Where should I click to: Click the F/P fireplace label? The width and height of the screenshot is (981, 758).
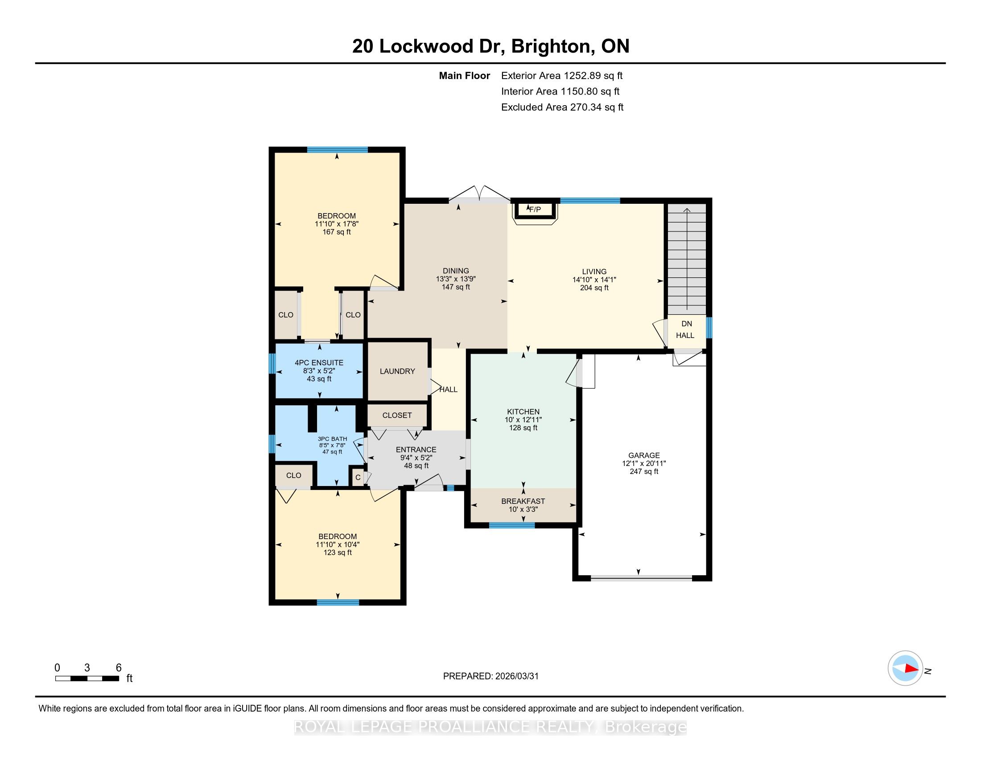point(535,209)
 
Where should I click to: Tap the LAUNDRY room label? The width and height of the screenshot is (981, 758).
point(397,371)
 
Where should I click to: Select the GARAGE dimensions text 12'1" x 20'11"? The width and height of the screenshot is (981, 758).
point(643,463)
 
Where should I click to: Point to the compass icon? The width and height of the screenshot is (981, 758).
point(905,668)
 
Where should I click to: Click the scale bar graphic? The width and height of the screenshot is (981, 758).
point(87,679)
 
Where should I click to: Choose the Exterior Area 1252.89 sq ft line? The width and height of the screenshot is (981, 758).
point(562,75)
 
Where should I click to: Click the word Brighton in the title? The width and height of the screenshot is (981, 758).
point(550,46)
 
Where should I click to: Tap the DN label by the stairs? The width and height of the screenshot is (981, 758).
point(687,323)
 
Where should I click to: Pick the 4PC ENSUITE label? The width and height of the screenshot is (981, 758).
point(319,363)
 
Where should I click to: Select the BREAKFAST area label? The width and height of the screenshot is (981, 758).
point(523,501)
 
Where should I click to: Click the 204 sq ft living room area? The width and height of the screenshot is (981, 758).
point(594,288)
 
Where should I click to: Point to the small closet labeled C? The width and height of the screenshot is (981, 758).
point(358,478)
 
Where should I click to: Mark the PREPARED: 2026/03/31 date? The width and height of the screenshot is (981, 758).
point(490,676)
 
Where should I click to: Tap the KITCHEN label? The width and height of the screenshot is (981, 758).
point(523,412)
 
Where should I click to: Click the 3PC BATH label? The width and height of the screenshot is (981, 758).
point(332,439)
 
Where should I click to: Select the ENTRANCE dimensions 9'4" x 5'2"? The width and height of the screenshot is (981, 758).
point(416,457)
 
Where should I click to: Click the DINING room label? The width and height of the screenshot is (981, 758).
point(455,270)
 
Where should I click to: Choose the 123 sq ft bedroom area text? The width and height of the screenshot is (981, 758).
point(338,552)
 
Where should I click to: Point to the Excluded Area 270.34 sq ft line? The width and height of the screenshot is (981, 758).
point(562,107)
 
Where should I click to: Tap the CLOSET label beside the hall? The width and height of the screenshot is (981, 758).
point(397,415)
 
